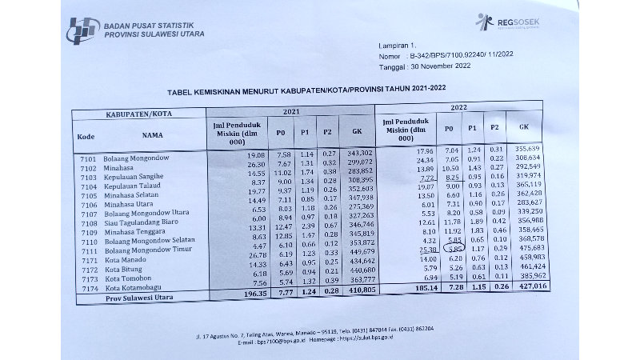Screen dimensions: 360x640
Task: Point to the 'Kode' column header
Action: (x=86, y=136)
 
